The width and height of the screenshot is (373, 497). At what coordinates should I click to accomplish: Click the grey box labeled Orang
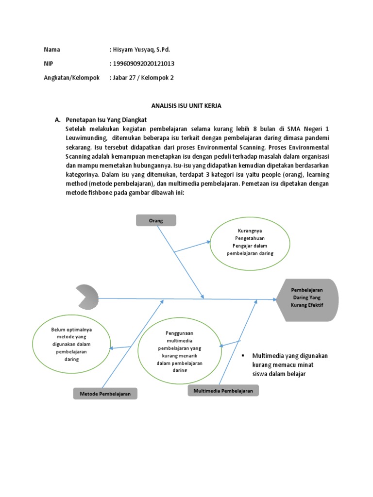click(x=155, y=220)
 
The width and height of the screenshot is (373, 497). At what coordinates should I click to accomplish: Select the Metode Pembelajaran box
click(x=105, y=394)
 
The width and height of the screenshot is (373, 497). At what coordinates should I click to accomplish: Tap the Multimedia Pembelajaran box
click(x=223, y=391)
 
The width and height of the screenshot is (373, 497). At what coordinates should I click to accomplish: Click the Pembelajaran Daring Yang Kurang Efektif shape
click(x=306, y=300)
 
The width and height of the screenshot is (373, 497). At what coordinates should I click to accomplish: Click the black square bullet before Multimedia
click(x=243, y=356)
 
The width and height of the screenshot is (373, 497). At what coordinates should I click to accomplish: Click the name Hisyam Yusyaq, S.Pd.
click(x=142, y=50)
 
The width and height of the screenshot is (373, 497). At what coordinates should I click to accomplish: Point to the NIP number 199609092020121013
click(x=144, y=64)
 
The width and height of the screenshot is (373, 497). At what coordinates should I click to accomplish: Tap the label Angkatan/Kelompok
click(x=72, y=77)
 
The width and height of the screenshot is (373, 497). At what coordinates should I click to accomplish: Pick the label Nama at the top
click(x=52, y=50)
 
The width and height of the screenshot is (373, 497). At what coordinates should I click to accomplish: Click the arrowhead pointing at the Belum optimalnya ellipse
click(x=112, y=348)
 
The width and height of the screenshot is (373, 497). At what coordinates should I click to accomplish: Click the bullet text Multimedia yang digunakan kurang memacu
click(x=289, y=364)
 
